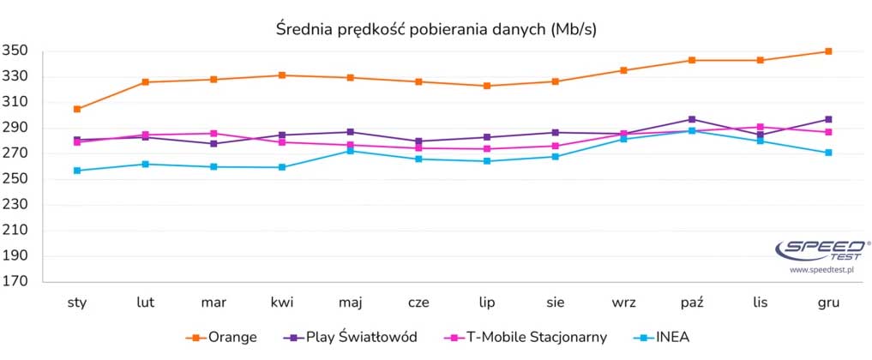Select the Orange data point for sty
77,109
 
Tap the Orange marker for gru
828,51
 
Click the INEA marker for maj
350,151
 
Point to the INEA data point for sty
77,171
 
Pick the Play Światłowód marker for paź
692,119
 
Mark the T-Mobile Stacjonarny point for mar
213,134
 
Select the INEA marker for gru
828,153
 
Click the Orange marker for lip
487,86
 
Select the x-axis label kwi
282,303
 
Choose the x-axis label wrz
623,303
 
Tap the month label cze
418,303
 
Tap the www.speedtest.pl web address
822,269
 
